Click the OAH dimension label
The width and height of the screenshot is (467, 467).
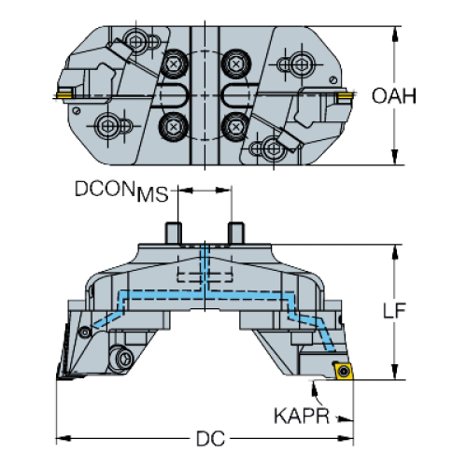click(x=394, y=96)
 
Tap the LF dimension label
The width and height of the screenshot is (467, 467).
click(x=394, y=310)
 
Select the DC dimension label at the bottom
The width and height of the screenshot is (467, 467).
click(x=210, y=439)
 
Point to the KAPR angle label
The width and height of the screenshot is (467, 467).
click(x=302, y=416)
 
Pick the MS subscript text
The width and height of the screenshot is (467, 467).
click(x=152, y=194)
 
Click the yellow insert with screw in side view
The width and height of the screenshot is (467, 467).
click(x=343, y=371)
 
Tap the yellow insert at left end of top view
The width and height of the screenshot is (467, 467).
click(x=64, y=94)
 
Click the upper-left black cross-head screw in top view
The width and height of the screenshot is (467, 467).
click(x=173, y=64)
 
